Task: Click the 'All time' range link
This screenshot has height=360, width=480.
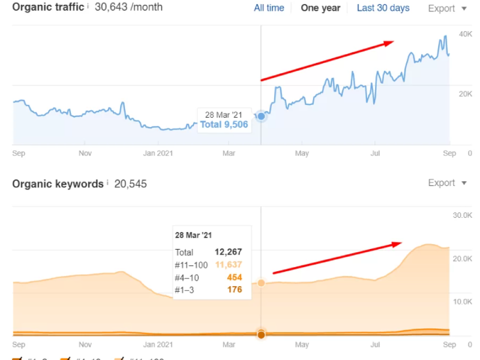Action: click(269, 8)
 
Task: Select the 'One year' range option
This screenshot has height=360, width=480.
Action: click(320, 8)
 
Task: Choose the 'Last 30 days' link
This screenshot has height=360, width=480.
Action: click(383, 8)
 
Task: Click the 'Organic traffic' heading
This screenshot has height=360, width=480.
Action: click(48, 8)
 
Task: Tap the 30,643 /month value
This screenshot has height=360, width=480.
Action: click(128, 8)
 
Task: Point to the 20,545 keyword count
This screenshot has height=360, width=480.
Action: click(131, 184)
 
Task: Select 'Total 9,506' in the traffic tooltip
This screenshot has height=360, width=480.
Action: click(224, 125)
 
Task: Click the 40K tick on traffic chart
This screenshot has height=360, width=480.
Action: click(465, 34)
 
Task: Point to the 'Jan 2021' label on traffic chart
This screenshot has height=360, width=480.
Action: click(158, 154)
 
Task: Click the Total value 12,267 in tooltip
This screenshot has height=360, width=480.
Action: click(228, 252)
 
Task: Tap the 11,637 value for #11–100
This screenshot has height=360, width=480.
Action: click(228, 265)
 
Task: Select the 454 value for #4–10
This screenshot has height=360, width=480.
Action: click(234, 277)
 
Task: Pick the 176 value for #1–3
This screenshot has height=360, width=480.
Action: click(234, 290)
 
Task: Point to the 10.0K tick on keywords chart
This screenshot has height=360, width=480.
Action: click(463, 302)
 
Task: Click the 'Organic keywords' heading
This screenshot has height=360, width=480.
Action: click(58, 184)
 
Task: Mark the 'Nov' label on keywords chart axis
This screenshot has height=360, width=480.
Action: click(85, 345)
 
